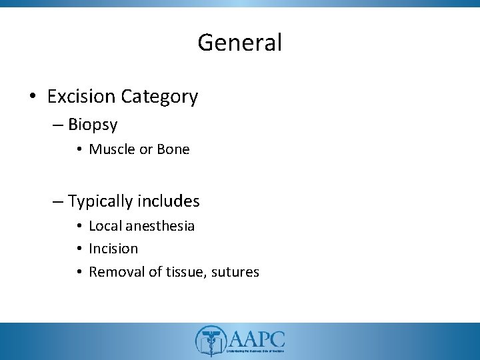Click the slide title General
pos(240,43)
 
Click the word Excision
pos(81,97)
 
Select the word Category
pos(160,97)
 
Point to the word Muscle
pos(111,150)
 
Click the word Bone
pos(173,150)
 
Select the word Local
pos(105,226)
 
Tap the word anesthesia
pos(160,226)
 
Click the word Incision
pos(113,249)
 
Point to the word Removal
pos(114,271)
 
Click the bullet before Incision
pos(79,249)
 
